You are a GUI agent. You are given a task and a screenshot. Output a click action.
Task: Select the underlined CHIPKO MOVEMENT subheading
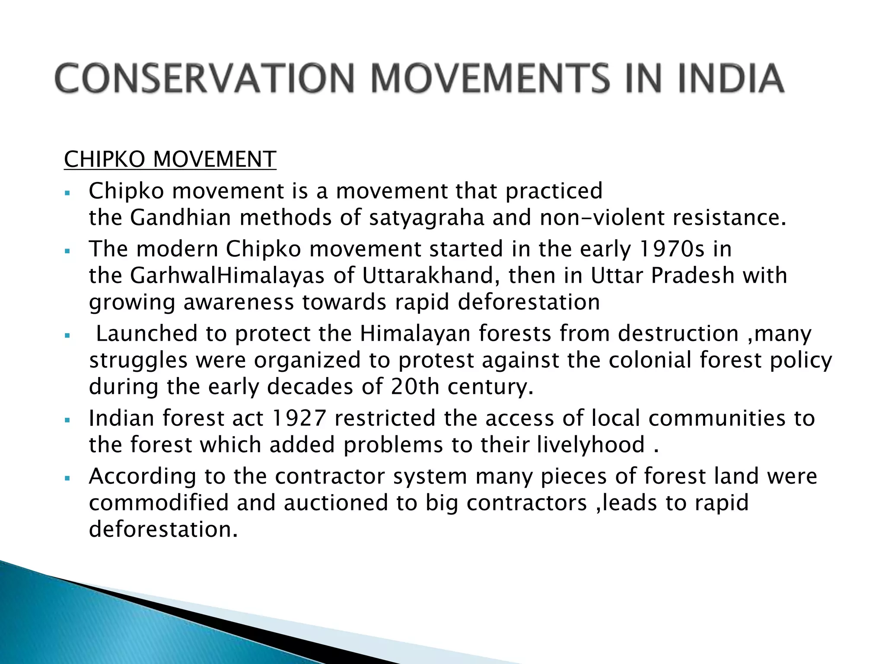coord(170,160)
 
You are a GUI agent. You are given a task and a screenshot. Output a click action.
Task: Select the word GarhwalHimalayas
coord(227,276)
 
